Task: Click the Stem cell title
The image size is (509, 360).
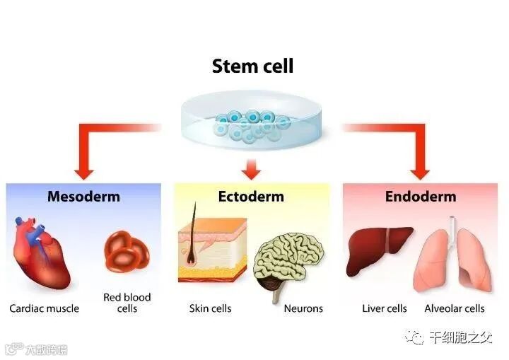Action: (x=252, y=66)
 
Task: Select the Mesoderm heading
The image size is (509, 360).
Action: (x=83, y=196)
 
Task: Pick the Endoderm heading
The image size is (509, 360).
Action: (x=421, y=196)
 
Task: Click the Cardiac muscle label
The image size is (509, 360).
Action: (x=44, y=308)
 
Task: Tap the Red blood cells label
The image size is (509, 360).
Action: (x=127, y=303)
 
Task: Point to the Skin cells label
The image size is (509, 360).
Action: (x=211, y=308)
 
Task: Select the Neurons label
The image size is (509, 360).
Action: (x=303, y=308)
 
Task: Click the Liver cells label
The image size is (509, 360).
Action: (x=385, y=308)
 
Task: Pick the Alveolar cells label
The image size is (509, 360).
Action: (x=455, y=308)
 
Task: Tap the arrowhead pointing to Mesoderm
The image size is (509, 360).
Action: (x=85, y=170)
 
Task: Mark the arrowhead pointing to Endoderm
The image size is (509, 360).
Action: (x=420, y=170)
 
